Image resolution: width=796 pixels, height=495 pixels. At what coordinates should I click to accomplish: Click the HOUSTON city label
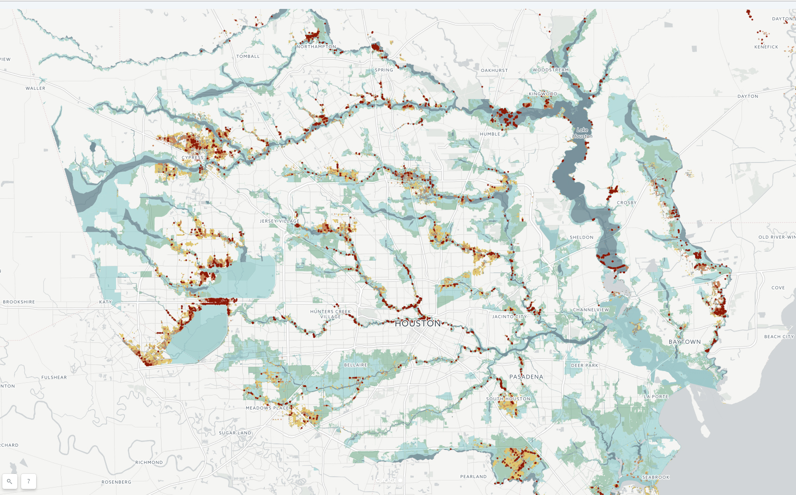(417, 324)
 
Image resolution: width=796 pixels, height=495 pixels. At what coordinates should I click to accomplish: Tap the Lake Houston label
(582, 133)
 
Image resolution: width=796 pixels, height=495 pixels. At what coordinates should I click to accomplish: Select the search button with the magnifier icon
(10, 481)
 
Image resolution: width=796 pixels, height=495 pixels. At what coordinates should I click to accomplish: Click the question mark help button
(29, 481)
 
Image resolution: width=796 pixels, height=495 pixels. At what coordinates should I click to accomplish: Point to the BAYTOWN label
(684, 342)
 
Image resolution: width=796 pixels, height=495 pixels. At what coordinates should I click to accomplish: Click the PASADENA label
(526, 377)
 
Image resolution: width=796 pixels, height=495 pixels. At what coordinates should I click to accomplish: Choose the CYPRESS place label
(193, 158)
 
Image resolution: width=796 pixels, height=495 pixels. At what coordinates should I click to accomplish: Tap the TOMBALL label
(248, 56)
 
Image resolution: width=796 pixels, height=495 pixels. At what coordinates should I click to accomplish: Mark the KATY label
(106, 302)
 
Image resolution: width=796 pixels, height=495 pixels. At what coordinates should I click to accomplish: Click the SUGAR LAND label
(235, 433)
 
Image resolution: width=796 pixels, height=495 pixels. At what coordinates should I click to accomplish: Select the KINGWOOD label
(543, 94)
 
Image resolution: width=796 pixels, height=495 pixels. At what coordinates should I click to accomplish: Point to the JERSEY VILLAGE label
(279, 221)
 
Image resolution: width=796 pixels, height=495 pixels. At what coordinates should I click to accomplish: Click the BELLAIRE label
(355, 365)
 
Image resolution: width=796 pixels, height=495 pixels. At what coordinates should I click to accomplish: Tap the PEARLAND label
(473, 477)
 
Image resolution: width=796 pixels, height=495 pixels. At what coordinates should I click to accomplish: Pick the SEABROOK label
(656, 477)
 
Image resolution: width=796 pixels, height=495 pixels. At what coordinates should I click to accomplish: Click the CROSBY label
(626, 203)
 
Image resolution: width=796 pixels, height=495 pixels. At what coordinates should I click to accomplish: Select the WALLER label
(36, 88)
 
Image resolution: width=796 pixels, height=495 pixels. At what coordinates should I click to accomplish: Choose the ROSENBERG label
(116, 482)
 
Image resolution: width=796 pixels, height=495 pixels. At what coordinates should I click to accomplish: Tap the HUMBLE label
(490, 134)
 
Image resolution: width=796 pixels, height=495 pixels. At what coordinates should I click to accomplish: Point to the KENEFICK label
(766, 47)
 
